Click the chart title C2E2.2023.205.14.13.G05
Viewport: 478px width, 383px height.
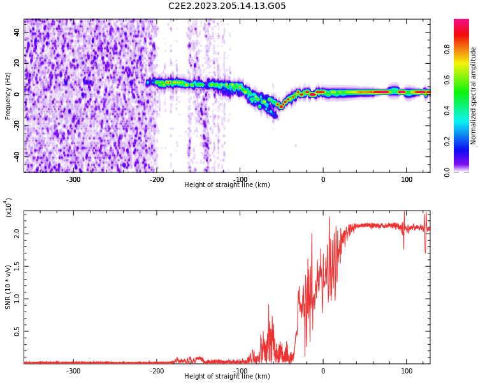point(227,6)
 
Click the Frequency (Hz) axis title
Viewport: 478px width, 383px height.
point(8,96)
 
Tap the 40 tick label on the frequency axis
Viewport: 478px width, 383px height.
point(17,32)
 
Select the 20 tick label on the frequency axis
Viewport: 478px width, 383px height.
point(17,63)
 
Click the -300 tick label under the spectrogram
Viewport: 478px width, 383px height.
point(73,179)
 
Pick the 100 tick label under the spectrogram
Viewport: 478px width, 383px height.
point(407,179)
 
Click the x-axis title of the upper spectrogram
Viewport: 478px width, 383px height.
point(227,185)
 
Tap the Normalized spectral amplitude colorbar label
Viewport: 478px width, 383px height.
point(474,96)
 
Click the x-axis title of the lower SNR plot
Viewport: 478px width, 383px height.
point(227,377)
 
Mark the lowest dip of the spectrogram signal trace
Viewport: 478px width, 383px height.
point(280,107)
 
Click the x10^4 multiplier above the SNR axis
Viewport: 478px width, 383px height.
point(8,207)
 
